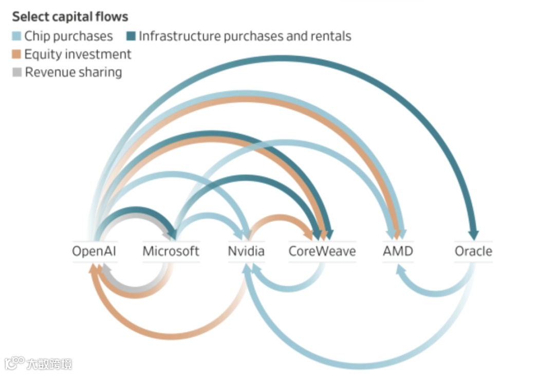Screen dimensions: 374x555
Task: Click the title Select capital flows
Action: point(70,16)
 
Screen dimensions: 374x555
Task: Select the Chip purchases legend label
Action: point(68,36)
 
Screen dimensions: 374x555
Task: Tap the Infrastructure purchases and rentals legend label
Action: point(245,36)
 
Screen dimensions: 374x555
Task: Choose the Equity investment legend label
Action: point(78,54)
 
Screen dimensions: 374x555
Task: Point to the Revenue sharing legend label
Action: point(73,72)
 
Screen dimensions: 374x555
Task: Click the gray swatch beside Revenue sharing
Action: point(17,72)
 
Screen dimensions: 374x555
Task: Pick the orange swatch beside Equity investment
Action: point(17,54)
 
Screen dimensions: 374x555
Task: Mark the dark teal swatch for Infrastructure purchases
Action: point(131,36)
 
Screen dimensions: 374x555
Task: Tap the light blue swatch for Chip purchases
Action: point(17,36)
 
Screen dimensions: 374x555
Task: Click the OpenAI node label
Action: point(95,251)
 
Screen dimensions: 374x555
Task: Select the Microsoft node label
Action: point(171,251)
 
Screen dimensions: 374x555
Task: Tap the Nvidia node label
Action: point(246,251)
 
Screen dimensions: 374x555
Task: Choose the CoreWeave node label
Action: point(322,251)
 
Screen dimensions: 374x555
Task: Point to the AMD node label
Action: point(398,251)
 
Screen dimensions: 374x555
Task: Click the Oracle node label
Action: point(473,251)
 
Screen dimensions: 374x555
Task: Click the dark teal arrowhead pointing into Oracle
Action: point(473,235)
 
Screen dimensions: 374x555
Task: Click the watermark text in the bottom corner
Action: point(49,364)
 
